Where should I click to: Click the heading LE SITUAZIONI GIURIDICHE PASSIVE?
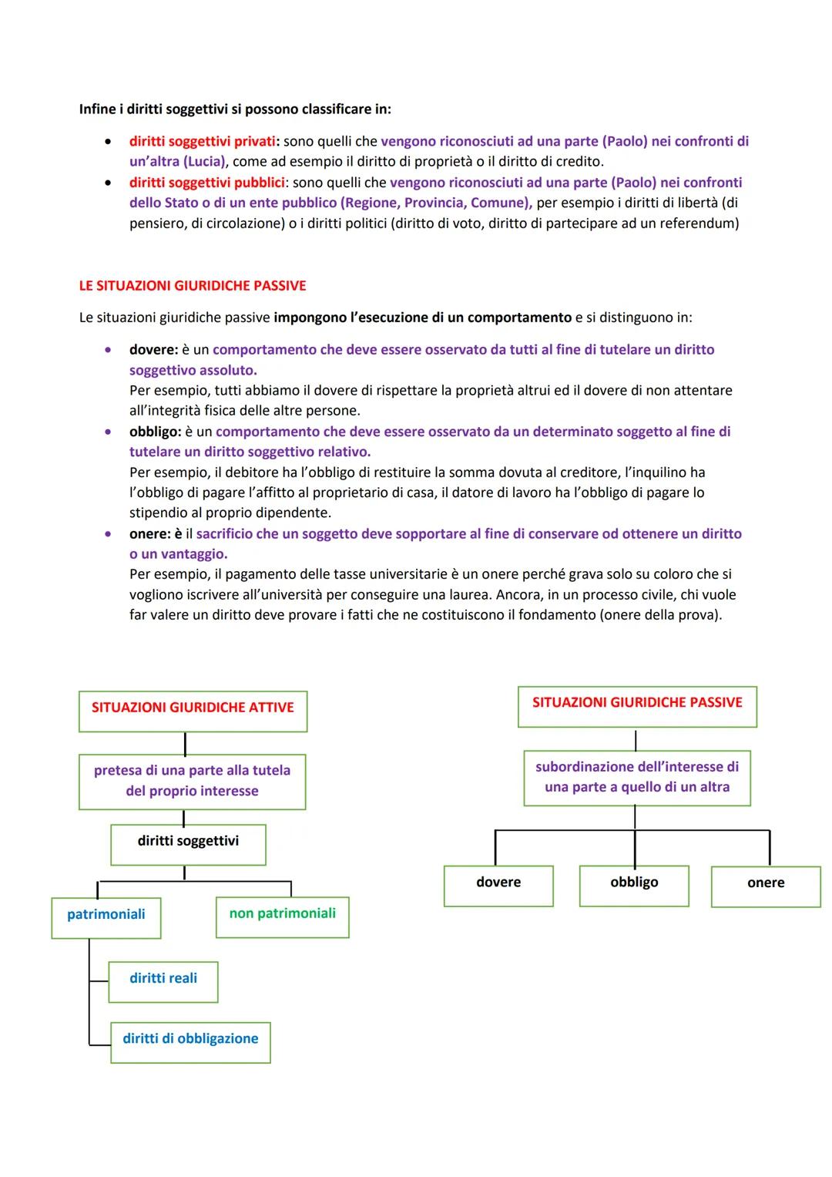193,286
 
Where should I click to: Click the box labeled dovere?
498,886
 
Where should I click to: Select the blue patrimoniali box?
106,917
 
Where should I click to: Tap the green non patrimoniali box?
282,916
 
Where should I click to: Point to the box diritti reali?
163,981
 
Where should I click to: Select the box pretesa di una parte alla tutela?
192,782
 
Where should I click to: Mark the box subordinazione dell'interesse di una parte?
637,779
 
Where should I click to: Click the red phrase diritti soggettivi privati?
202,142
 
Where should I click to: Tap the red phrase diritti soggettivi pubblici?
206,183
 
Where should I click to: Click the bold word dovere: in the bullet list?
153,350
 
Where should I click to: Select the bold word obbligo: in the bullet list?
155,432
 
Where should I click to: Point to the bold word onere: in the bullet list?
151,534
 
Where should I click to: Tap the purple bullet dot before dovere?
111,350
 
